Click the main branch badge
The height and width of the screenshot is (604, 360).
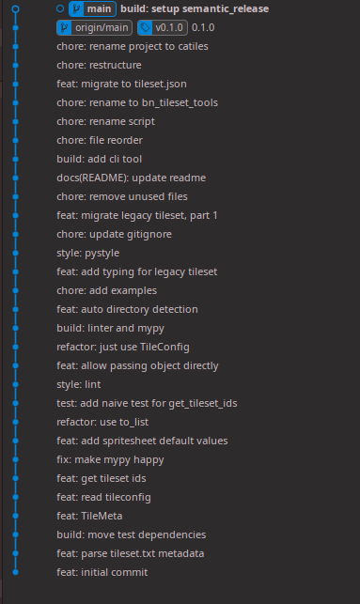[x=92, y=8]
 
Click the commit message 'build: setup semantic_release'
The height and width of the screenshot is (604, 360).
[x=181, y=8]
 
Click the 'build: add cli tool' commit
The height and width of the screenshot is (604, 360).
[x=99, y=159]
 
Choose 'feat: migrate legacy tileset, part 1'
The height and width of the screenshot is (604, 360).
[x=137, y=215]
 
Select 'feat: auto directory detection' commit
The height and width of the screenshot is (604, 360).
[x=127, y=309]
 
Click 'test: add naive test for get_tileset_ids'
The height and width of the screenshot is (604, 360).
[x=147, y=403]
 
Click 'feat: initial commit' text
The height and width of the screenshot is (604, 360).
[x=102, y=572]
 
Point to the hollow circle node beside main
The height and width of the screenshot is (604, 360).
[x=59, y=8]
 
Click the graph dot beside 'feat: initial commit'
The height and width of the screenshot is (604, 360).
[x=16, y=572]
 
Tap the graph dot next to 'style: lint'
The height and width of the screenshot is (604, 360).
[x=16, y=384]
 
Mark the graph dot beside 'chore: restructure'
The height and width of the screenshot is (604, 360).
[x=16, y=65]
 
